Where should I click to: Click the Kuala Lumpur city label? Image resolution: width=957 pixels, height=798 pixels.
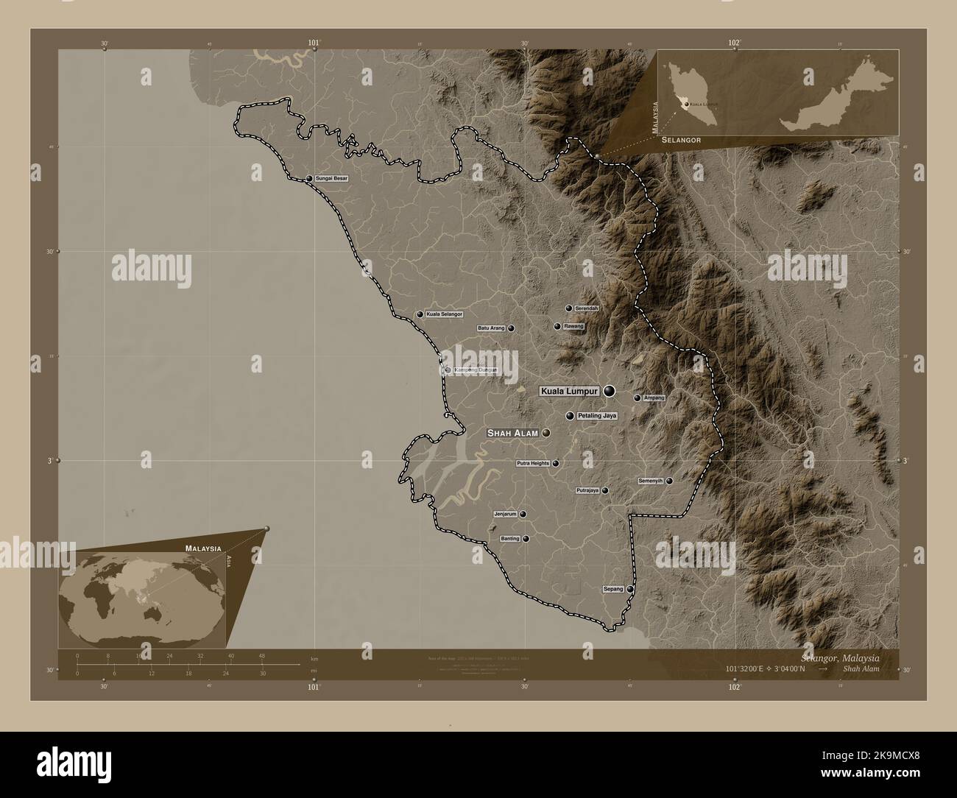(x=570, y=392)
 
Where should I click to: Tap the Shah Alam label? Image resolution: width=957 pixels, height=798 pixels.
(x=512, y=434)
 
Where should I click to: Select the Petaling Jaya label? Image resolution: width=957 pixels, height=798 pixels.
(x=597, y=416)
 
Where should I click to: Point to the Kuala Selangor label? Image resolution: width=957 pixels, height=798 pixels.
(x=445, y=314)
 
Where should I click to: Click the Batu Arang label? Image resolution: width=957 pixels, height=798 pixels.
(x=492, y=328)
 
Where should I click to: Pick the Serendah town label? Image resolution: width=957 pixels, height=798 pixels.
(x=587, y=308)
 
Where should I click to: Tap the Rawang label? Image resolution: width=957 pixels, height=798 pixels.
(x=573, y=326)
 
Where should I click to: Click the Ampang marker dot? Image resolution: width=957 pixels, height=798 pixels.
(x=638, y=398)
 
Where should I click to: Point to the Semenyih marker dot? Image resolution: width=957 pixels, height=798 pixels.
(x=669, y=481)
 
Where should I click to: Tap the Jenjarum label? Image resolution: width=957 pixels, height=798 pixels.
(x=505, y=514)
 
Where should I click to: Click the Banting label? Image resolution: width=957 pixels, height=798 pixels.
(x=510, y=539)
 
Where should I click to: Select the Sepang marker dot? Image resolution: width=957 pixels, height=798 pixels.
(x=630, y=589)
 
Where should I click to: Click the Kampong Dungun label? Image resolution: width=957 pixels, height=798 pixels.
(x=476, y=370)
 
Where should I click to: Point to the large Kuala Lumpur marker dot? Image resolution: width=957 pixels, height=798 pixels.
(x=609, y=392)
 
